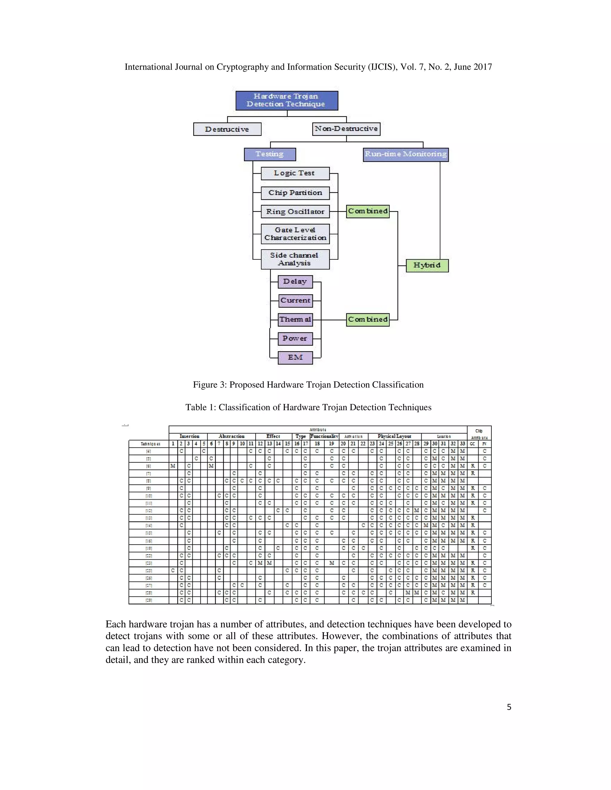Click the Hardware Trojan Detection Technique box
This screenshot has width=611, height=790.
tap(287, 100)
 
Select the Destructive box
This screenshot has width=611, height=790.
tap(227, 129)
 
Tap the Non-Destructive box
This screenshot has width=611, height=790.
tap(346, 129)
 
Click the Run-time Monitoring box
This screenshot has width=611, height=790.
tap(405, 154)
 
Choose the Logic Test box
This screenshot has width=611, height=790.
tap(295, 173)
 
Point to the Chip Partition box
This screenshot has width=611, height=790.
tap(295, 193)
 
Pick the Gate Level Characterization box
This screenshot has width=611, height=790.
tap(295, 234)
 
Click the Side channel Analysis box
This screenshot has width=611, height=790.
tap(295, 259)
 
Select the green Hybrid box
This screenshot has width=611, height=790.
tap(427, 266)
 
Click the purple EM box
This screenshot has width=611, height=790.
tap(295, 357)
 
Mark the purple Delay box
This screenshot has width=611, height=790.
tap(295, 281)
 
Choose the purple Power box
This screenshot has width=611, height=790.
tap(295, 339)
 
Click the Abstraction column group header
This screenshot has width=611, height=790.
tap(232, 436)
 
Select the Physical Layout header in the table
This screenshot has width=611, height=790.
tap(394, 436)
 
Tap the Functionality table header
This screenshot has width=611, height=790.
tap(324, 436)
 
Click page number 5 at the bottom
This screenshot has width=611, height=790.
tap(509, 707)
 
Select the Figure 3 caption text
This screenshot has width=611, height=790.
tap(308, 385)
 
